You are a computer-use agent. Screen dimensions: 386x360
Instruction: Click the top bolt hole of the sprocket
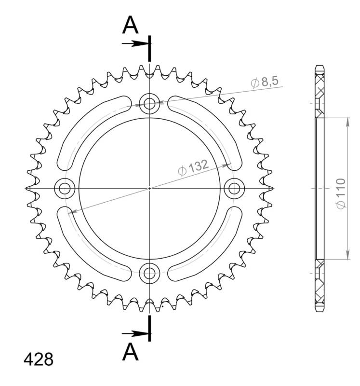click(149, 103)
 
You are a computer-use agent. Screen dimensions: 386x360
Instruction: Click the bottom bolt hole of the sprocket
click(149, 274)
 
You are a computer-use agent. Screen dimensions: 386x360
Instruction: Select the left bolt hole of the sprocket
click(64, 188)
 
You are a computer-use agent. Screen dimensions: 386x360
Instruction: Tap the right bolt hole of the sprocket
click(235, 188)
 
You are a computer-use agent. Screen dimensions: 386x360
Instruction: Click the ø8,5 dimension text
click(265, 83)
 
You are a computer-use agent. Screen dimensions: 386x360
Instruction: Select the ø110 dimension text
click(341, 193)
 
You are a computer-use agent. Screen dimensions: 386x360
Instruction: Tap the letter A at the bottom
click(130, 352)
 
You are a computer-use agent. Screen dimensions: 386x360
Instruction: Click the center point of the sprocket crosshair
click(149, 188)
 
